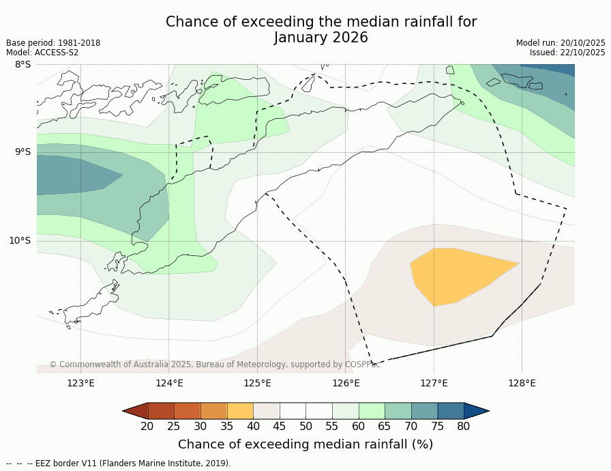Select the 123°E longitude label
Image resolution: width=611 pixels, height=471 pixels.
(80, 383)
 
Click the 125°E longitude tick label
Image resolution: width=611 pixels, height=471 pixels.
(257, 383)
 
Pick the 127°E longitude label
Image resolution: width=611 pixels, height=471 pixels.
(434, 383)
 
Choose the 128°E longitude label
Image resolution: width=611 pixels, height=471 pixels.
(522, 383)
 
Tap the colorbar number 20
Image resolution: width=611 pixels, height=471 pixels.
(147, 427)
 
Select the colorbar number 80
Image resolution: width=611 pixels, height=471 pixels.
(464, 427)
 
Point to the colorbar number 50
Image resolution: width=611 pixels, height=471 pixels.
(305, 427)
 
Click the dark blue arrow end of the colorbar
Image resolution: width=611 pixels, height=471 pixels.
(476, 410)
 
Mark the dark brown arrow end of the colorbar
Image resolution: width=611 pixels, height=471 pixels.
(135, 410)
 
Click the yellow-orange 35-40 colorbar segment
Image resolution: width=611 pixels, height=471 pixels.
(240, 410)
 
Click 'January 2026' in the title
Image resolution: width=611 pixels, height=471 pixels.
(321, 38)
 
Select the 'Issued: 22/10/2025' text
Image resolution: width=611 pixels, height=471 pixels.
(567, 53)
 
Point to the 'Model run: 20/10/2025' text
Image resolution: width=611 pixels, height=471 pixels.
(561, 43)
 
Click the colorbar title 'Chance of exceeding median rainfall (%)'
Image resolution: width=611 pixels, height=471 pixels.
(305, 444)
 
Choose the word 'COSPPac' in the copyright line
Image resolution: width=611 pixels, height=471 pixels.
(361, 365)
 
